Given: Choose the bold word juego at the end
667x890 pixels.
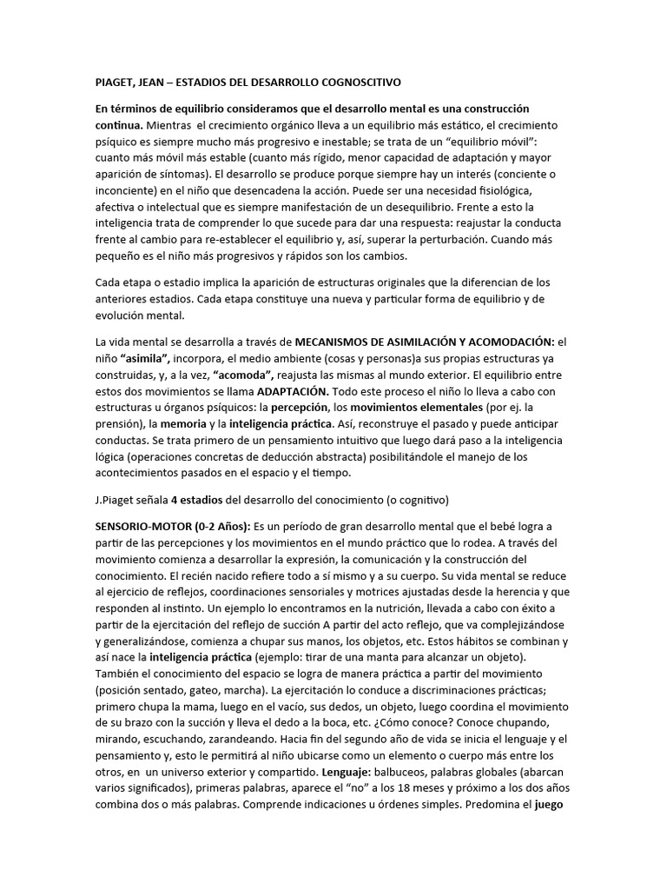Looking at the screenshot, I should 549,805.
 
